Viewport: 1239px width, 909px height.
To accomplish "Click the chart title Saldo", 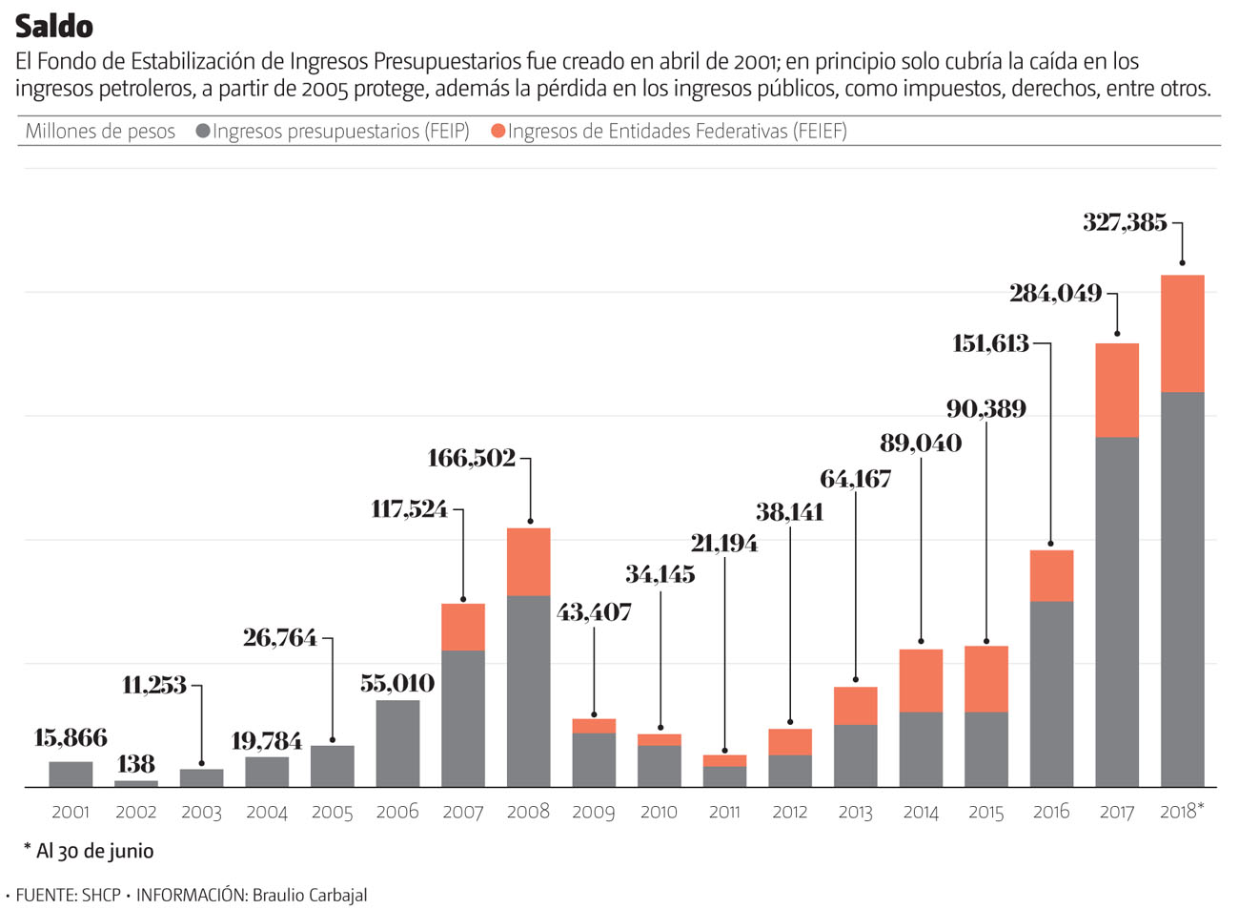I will (54, 26).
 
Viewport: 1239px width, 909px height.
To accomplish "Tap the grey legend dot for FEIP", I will (203, 131).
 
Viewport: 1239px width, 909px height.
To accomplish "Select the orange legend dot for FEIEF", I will (498, 131).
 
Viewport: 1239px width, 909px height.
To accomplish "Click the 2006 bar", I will (397, 743).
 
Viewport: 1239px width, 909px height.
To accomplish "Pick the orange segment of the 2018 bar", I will (1182, 333).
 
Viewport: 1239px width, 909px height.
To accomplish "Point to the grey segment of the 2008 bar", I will (528, 691).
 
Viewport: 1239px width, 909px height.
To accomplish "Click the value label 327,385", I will (1125, 222).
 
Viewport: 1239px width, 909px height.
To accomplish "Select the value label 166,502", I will (471, 458).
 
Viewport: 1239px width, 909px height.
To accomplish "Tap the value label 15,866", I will (71, 737).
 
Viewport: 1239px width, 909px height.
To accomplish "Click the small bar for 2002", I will (136, 783).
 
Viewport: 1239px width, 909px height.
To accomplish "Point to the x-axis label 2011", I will (724, 812).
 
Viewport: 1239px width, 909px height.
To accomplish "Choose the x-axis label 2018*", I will (1182, 811).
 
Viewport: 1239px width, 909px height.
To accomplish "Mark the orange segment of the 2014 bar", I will (921, 680).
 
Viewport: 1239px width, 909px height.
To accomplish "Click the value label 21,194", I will (724, 543).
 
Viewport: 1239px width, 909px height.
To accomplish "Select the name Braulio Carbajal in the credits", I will (309, 895).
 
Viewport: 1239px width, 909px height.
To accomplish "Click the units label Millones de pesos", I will (100, 131).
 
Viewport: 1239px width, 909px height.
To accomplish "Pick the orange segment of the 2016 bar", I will (1051, 575).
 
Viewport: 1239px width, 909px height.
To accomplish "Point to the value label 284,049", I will (1055, 293).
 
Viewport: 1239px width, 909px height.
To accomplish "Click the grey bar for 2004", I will (267, 772).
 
